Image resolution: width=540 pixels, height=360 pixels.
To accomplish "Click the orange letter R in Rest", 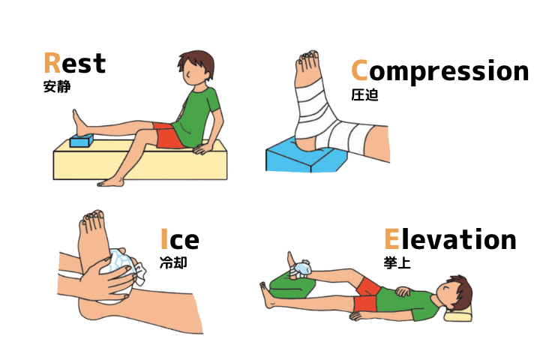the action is tap(52, 63).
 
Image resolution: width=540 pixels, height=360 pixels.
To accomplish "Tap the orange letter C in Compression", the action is tap(359, 70).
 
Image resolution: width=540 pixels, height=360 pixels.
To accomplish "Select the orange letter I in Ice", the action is tap(164, 238).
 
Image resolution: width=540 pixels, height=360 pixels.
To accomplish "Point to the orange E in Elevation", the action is tap(391, 238).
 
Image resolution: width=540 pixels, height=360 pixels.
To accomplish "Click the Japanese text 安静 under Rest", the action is tap(57, 86).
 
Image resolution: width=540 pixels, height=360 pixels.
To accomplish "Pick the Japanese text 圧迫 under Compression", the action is tap(364, 94).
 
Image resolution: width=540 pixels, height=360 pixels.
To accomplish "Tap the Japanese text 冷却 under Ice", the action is tap(173, 262).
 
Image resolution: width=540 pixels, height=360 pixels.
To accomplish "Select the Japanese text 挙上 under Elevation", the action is tap(397, 262).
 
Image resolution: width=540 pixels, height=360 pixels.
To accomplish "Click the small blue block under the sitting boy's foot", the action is tap(82, 140).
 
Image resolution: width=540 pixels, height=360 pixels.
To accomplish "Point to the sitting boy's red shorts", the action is tap(168, 136).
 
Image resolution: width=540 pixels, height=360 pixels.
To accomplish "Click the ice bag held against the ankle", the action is tap(121, 272).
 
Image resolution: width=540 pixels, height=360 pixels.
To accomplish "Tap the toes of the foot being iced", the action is tap(92, 217).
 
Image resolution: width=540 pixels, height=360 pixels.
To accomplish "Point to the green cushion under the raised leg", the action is tap(292, 285).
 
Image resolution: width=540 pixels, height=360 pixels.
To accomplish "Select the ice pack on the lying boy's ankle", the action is tap(303, 268).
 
